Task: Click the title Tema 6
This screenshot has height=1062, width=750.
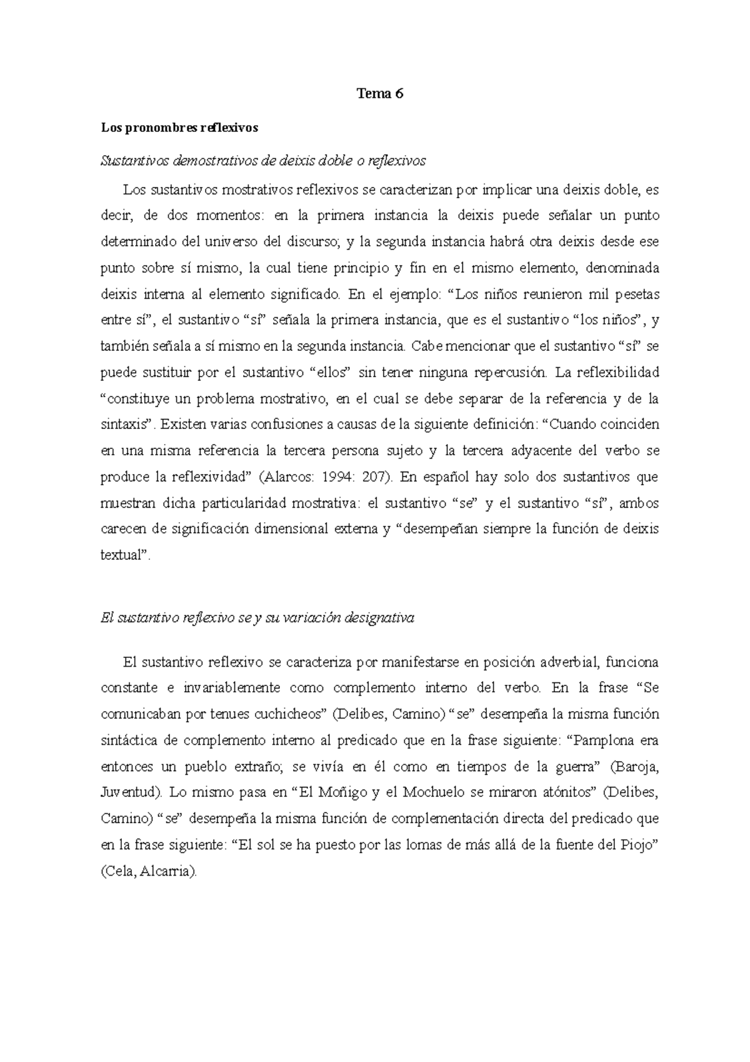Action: (x=380, y=94)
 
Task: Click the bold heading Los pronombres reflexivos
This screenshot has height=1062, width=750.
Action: (x=179, y=128)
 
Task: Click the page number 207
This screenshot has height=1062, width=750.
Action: (x=376, y=477)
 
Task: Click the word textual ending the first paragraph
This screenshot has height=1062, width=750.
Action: (x=124, y=555)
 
